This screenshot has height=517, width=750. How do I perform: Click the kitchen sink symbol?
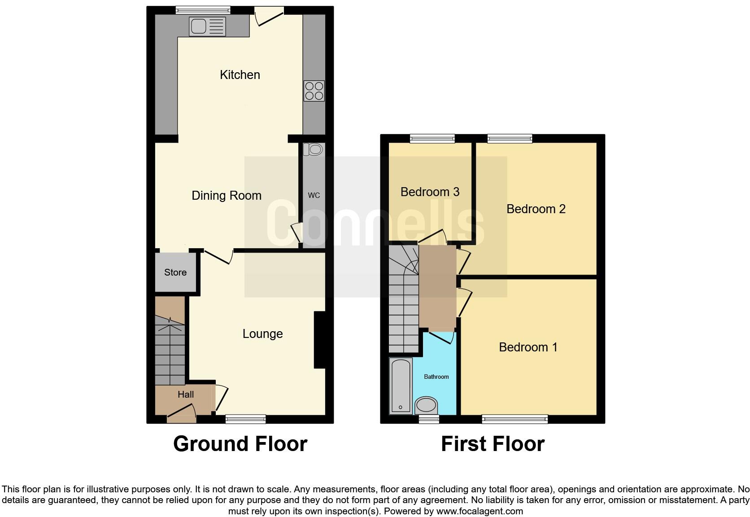tap(207, 26)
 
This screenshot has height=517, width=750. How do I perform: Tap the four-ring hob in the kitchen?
tap(314, 91)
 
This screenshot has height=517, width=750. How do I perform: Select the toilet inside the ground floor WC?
tap(313, 149)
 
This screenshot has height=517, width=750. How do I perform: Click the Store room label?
tap(175, 272)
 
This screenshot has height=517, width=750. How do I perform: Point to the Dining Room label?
tap(227, 196)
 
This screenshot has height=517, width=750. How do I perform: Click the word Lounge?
tap(262, 334)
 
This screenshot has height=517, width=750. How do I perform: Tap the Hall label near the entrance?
tap(185, 394)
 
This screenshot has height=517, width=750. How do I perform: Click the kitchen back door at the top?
tap(269, 16)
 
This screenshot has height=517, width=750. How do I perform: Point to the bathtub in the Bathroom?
tap(400, 386)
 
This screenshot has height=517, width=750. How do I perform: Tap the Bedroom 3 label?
tap(430, 192)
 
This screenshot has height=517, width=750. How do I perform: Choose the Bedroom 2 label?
tap(536, 209)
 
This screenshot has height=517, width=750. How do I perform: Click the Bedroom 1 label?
tap(528, 347)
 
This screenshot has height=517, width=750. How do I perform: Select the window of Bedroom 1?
tap(515, 419)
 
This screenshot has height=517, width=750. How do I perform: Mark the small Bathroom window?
tap(428, 419)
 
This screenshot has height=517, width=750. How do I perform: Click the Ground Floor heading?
tap(240, 444)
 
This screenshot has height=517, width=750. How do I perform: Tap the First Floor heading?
tap(493, 444)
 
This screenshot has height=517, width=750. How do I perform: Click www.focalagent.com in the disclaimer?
tap(480, 511)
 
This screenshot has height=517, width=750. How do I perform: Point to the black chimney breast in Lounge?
tap(319, 340)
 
